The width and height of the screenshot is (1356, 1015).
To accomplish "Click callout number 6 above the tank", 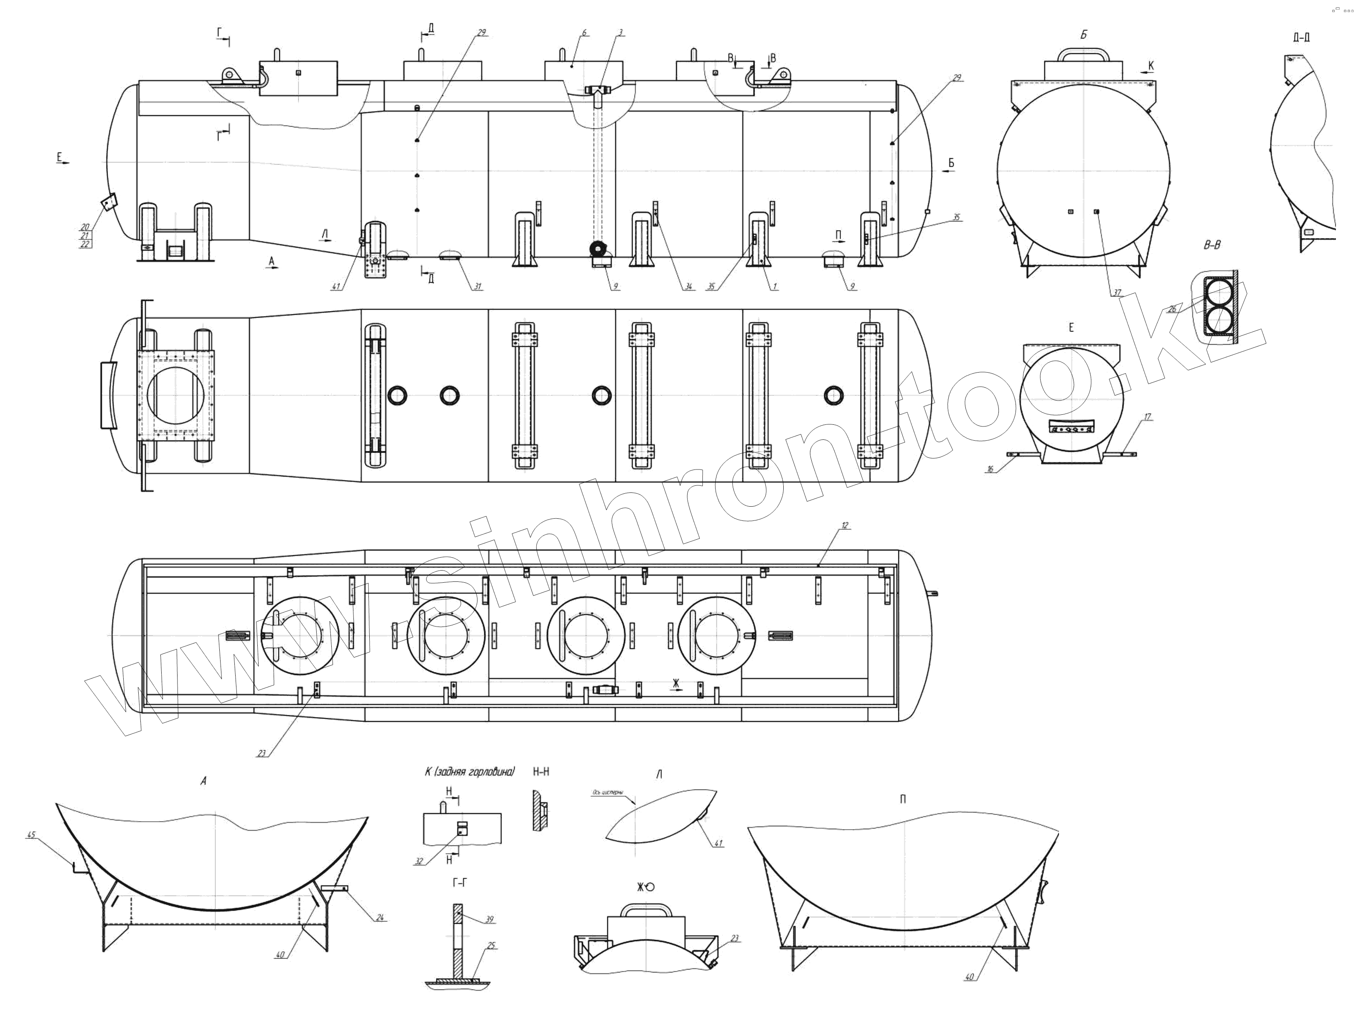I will [584, 32].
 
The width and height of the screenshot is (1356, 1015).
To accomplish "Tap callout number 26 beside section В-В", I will [1171, 310].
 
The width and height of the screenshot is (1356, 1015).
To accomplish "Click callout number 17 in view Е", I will [1147, 417].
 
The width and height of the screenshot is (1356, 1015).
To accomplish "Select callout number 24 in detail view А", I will [380, 918].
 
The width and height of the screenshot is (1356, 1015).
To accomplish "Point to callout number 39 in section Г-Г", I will [489, 919].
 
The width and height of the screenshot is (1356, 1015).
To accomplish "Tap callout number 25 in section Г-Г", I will [490, 946].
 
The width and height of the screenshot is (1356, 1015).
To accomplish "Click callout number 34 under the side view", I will [688, 286].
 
